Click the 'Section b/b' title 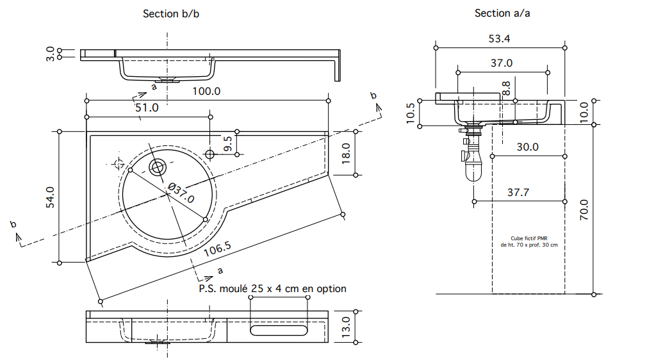tap(171, 13)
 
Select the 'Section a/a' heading tap(502, 13)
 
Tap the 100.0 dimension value tap(206, 91)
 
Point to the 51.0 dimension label tap(147, 108)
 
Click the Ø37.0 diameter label tap(181, 193)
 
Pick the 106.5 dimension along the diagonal tap(217, 249)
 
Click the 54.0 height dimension tap(50, 197)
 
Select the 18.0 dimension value tap(346, 153)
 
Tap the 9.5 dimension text tap(228, 144)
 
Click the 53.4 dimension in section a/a tap(499, 39)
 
